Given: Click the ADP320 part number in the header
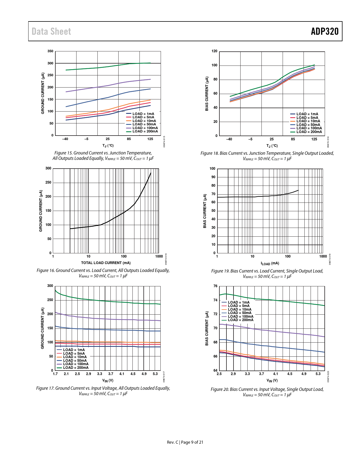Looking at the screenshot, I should point(324,31).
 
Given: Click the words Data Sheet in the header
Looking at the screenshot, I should point(51,31).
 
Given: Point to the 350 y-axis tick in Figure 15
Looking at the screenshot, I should point(50,51).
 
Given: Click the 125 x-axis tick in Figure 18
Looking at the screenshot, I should point(314,139).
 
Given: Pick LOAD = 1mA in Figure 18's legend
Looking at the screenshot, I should point(307,114).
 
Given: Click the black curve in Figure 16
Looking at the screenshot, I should point(124,212).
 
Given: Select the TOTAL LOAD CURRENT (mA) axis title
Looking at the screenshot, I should point(106,263).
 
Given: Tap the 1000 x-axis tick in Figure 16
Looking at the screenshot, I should point(159,256).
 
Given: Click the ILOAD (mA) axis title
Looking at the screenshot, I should point(270,264).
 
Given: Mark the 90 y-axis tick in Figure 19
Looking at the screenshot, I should point(213,177).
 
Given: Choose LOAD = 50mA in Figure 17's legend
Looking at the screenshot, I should point(75,361).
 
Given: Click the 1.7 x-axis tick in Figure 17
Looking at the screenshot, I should point(55,374).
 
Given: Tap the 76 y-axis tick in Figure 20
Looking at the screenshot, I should point(215,286).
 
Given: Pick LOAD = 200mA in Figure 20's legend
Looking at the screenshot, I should point(241,320).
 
